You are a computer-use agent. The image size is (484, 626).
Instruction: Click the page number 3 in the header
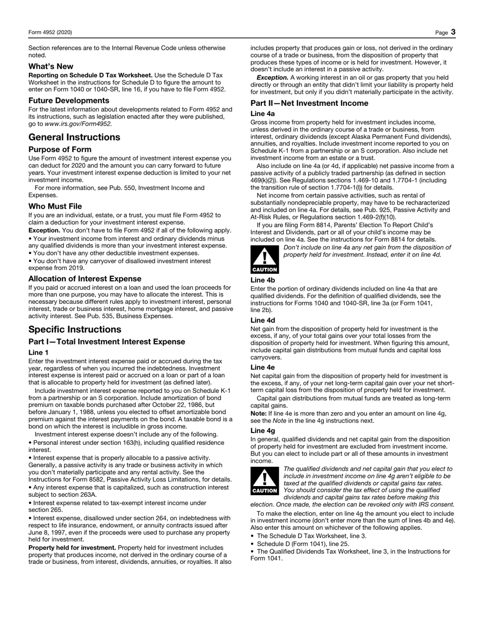453,32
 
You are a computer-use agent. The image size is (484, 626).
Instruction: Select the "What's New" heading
50,66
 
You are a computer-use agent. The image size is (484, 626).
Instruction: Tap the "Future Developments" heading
69,100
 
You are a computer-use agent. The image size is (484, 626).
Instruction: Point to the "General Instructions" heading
74,137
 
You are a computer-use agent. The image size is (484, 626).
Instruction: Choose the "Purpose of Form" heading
60,149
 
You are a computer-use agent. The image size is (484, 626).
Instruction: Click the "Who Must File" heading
55,206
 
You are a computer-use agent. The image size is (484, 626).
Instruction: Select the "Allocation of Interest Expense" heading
85,279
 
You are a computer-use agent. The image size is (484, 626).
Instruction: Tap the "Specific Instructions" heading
75,329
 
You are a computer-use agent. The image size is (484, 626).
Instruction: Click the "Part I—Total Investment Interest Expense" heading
106,342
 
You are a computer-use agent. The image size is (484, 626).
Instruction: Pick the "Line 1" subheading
39,352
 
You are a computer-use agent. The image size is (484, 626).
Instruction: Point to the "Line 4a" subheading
263,114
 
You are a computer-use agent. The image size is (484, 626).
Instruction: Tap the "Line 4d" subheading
263,320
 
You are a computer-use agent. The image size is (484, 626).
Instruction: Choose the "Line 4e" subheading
263,367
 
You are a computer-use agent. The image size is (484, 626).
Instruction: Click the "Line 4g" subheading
263,431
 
